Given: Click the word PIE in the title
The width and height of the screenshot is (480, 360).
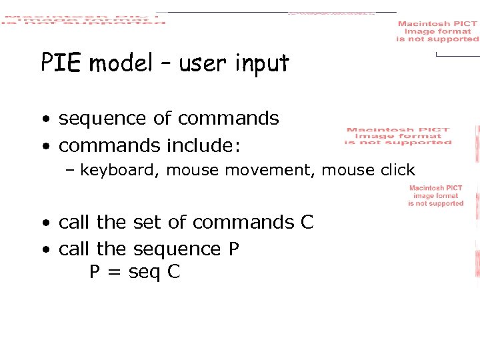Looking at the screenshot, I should click(61, 63).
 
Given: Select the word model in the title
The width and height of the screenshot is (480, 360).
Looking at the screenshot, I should click(120, 64).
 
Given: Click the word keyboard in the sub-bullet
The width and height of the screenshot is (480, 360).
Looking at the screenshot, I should click(117, 171).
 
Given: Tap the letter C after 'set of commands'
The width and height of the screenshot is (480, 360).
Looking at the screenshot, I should click(307, 222).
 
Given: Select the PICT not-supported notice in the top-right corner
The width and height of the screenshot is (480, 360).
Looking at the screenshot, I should click(437, 31).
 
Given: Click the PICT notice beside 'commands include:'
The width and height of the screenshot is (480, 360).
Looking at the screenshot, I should click(398, 136).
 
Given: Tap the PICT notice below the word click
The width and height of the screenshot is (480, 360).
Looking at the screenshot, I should click(435, 196).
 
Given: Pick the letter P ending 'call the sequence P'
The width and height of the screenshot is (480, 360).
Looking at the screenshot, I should click(233, 249).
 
